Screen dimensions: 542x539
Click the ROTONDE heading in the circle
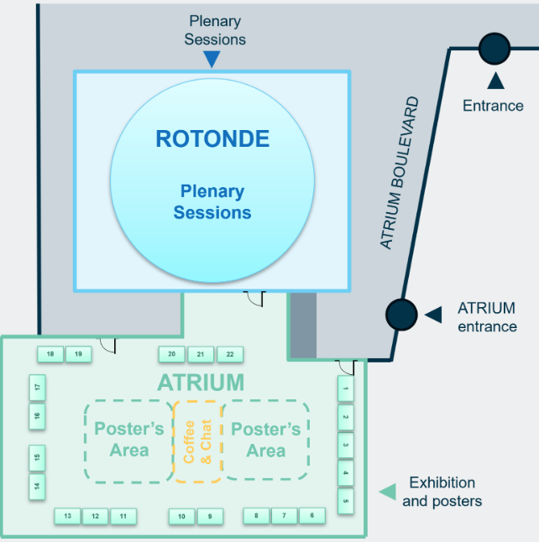212,138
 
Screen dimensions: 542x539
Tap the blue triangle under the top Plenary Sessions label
212,59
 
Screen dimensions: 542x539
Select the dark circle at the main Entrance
495,48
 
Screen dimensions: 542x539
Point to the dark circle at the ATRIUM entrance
401,315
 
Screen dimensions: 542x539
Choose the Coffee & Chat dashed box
197,441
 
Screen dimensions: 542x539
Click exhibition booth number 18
50,354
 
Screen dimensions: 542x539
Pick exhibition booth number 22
229,354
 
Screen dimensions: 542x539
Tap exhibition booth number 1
346,388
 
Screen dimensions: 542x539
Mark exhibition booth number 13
67,516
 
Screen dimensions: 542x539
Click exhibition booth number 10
181,516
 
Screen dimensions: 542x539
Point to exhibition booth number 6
311,515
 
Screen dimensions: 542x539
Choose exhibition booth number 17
37,388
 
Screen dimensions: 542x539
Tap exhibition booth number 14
37,486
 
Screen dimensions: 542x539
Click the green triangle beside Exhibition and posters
387,492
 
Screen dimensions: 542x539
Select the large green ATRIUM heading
201,383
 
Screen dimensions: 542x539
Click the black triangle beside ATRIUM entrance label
433,315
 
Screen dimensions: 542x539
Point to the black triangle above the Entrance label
495,81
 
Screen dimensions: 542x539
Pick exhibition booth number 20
172,354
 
